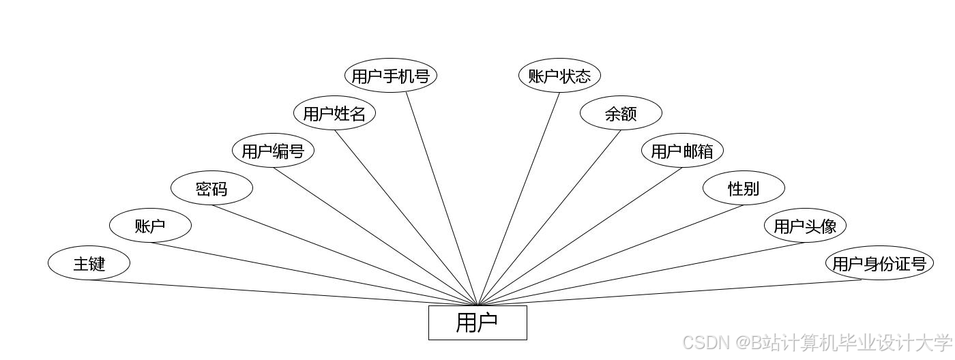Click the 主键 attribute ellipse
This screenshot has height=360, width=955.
pyautogui.click(x=89, y=263)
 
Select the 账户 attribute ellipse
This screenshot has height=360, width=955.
pyautogui.click(x=150, y=226)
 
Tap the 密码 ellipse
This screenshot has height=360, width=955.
pyautogui.click(x=211, y=188)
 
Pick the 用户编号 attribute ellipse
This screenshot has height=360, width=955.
pyautogui.click(x=273, y=151)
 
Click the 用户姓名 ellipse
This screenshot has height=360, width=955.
pyautogui.click(x=334, y=113)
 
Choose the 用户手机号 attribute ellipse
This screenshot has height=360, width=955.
pyautogui.click(x=390, y=76)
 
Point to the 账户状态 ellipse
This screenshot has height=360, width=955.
pyautogui.click(x=559, y=76)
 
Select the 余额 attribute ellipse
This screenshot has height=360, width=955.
pyautogui.click(x=621, y=113)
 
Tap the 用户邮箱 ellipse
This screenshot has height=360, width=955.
pyautogui.click(x=682, y=151)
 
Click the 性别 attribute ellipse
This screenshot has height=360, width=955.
pyautogui.click(x=744, y=188)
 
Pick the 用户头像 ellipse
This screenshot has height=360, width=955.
pyautogui.click(x=805, y=226)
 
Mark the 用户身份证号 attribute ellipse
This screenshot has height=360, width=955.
pyautogui.click(x=879, y=263)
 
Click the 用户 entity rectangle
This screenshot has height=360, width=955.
pyautogui.click(x=477, y=322)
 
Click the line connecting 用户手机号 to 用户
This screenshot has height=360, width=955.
pyautogui.click(x=442, y=198)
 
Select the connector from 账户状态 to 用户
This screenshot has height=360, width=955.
pyautogui.click(x=518, y=198)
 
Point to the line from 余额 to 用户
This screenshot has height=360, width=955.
pyautogui.click(x=549, y=217)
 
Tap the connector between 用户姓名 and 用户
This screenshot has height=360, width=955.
pyautogui.click(x=406, y=217)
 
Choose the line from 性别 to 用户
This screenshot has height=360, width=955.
pyautogui.click(x=611, y=255)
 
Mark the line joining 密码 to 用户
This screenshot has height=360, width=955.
pyautogui.click(x=344, y=255)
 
